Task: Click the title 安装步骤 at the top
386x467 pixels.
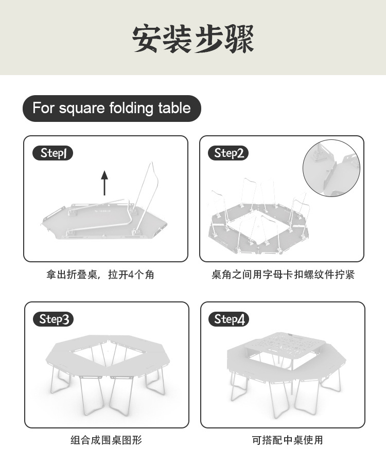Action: tap(193, 38)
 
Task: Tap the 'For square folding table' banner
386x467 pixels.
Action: tap(112, 109)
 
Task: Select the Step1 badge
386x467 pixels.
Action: tap(53, 153)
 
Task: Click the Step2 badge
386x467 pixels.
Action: tap(229, 153)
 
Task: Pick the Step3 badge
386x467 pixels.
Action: tap(53, 319)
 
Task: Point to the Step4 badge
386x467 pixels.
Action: tap(229, 319)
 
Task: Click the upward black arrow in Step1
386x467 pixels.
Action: tap(104, 183)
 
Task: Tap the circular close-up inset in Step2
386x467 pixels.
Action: tap(330, 166)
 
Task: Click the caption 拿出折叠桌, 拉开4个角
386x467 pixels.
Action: tap(100, 275)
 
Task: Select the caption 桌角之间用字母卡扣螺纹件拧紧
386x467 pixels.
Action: tap(283, 275)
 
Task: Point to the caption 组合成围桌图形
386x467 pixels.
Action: tap(106, 440)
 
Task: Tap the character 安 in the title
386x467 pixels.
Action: tap(148, 38)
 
